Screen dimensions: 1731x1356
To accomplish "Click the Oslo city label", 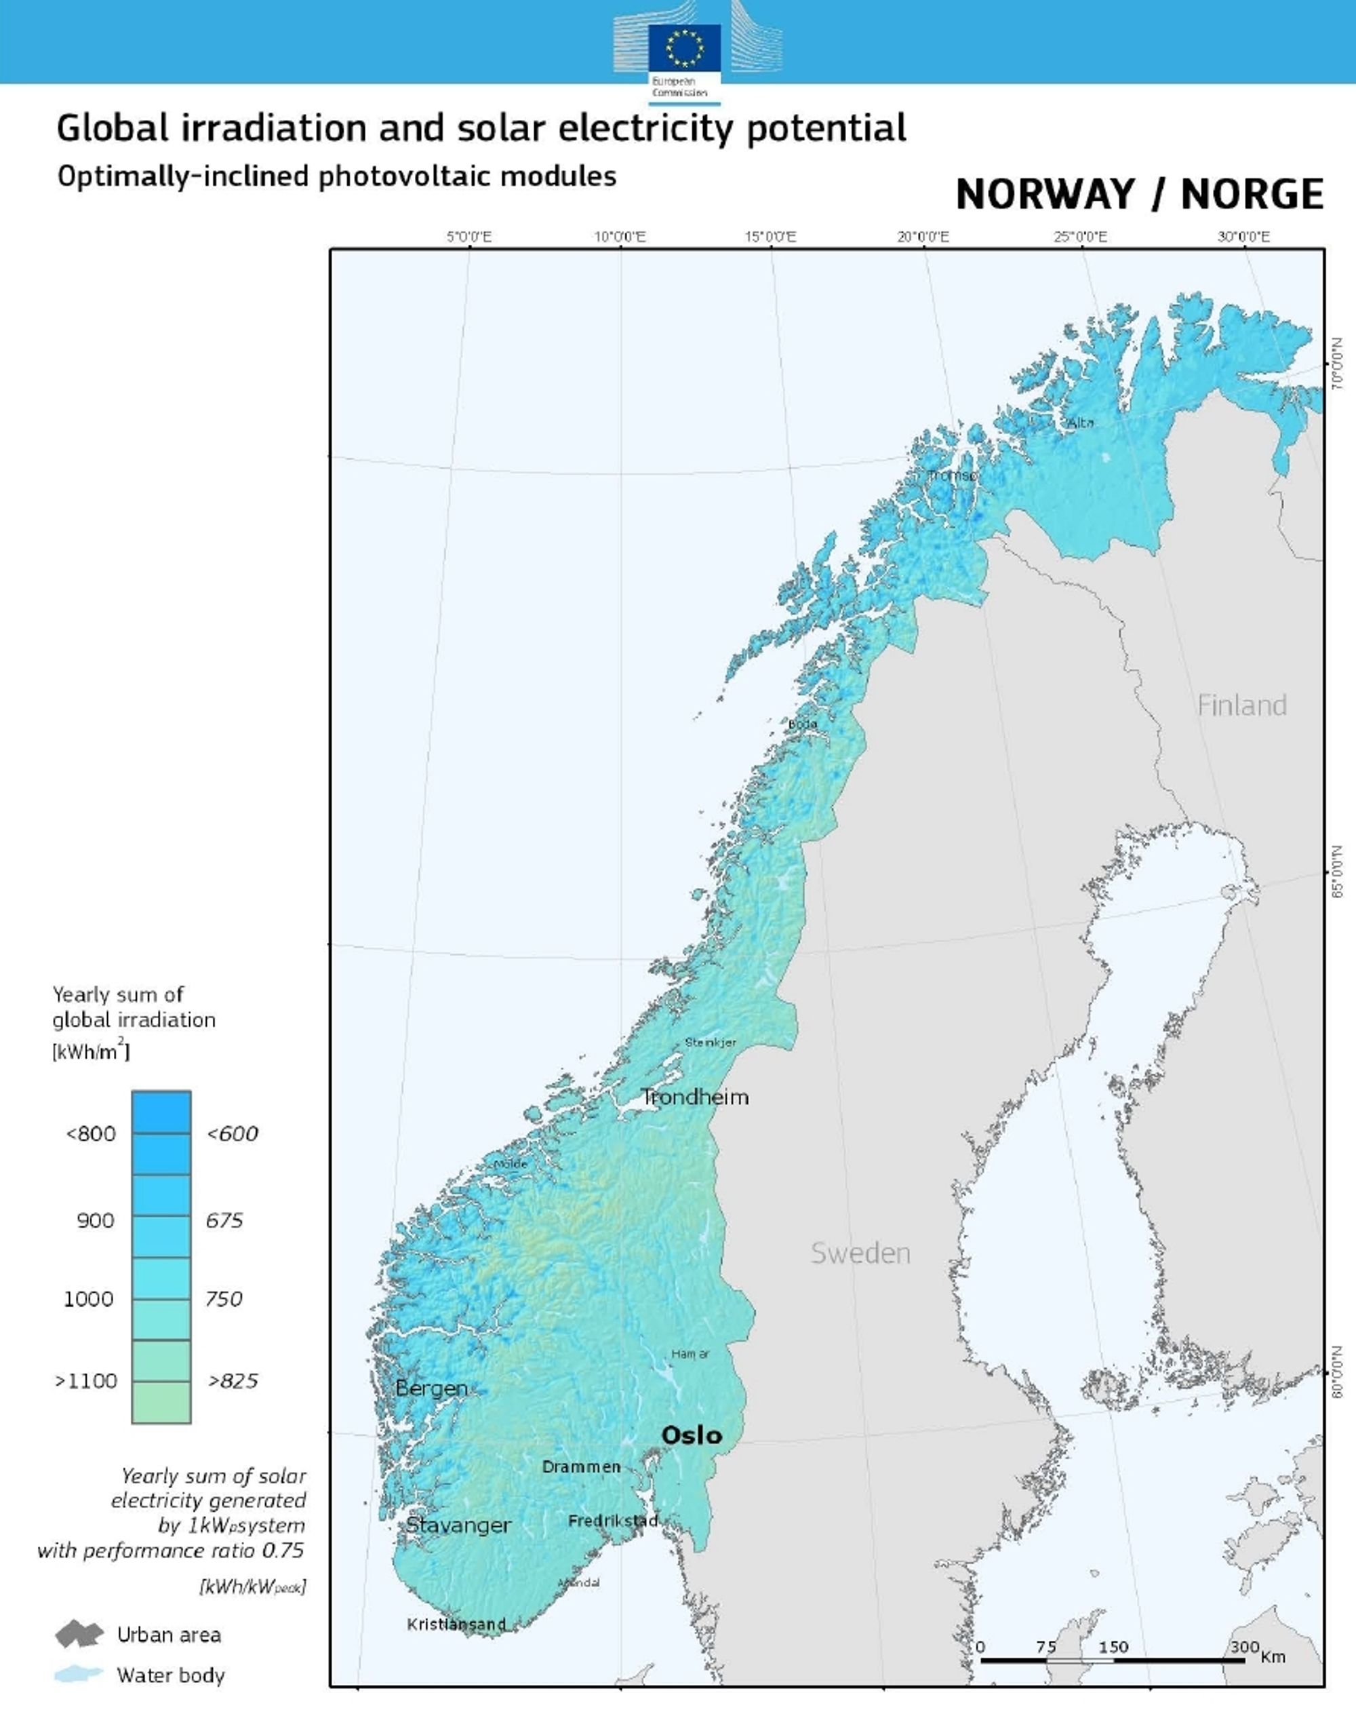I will click(692, 1435).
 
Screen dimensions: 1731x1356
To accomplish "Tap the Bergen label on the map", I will click(431, 1388).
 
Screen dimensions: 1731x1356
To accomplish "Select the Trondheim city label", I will click(695, 1097).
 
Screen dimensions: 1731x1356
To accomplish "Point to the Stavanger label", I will click(459, 1525).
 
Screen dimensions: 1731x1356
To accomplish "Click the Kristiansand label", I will click(456, 1625).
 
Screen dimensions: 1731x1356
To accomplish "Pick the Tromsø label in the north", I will click(953, 475).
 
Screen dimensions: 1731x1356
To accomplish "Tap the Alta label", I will click(1081, 423).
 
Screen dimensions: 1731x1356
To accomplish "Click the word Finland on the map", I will click(1241, 705).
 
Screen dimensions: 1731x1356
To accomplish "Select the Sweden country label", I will click(860, 1253).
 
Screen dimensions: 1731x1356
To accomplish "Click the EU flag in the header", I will click(684, 47).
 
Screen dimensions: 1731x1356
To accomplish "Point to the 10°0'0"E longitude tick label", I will click(620, 237).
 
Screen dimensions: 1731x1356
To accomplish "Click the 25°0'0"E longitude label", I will click(1081, 237).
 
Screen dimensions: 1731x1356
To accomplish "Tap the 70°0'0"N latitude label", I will click(1338, 362).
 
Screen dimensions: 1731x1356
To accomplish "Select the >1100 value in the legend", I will click(85, 1381).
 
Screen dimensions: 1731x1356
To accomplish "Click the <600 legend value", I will click(232, 1134).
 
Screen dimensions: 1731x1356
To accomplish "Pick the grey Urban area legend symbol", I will click(79, 1635).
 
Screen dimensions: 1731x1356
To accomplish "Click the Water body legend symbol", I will click(79, 1675).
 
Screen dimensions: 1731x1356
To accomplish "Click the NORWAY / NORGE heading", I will click(1139, 195).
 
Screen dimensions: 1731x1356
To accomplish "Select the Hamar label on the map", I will click(690, 1354).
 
